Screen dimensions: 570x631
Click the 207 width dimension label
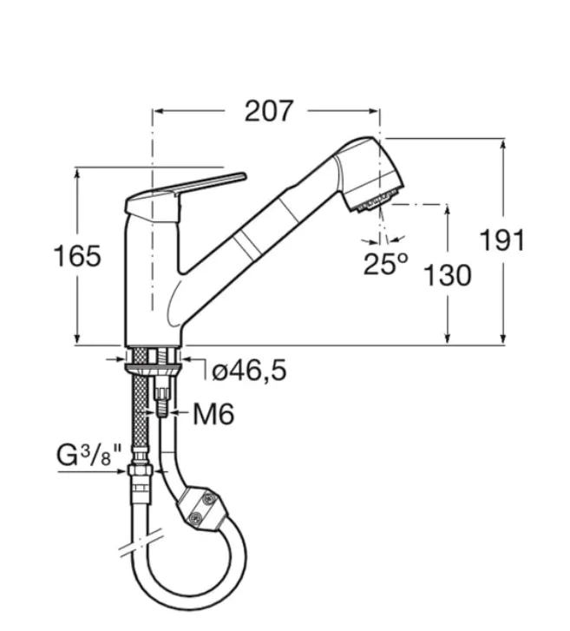pos(269,111)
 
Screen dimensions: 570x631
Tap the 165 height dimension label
pos(77,256)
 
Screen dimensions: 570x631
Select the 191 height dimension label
pos(502,240)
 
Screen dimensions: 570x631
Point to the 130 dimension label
pos(448,275)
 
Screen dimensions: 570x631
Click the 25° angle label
pos(385,264)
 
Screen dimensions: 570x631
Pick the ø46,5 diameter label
pos(249,371)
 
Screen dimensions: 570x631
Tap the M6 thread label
pos(213,414)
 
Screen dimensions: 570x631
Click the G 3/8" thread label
pos(88,455)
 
